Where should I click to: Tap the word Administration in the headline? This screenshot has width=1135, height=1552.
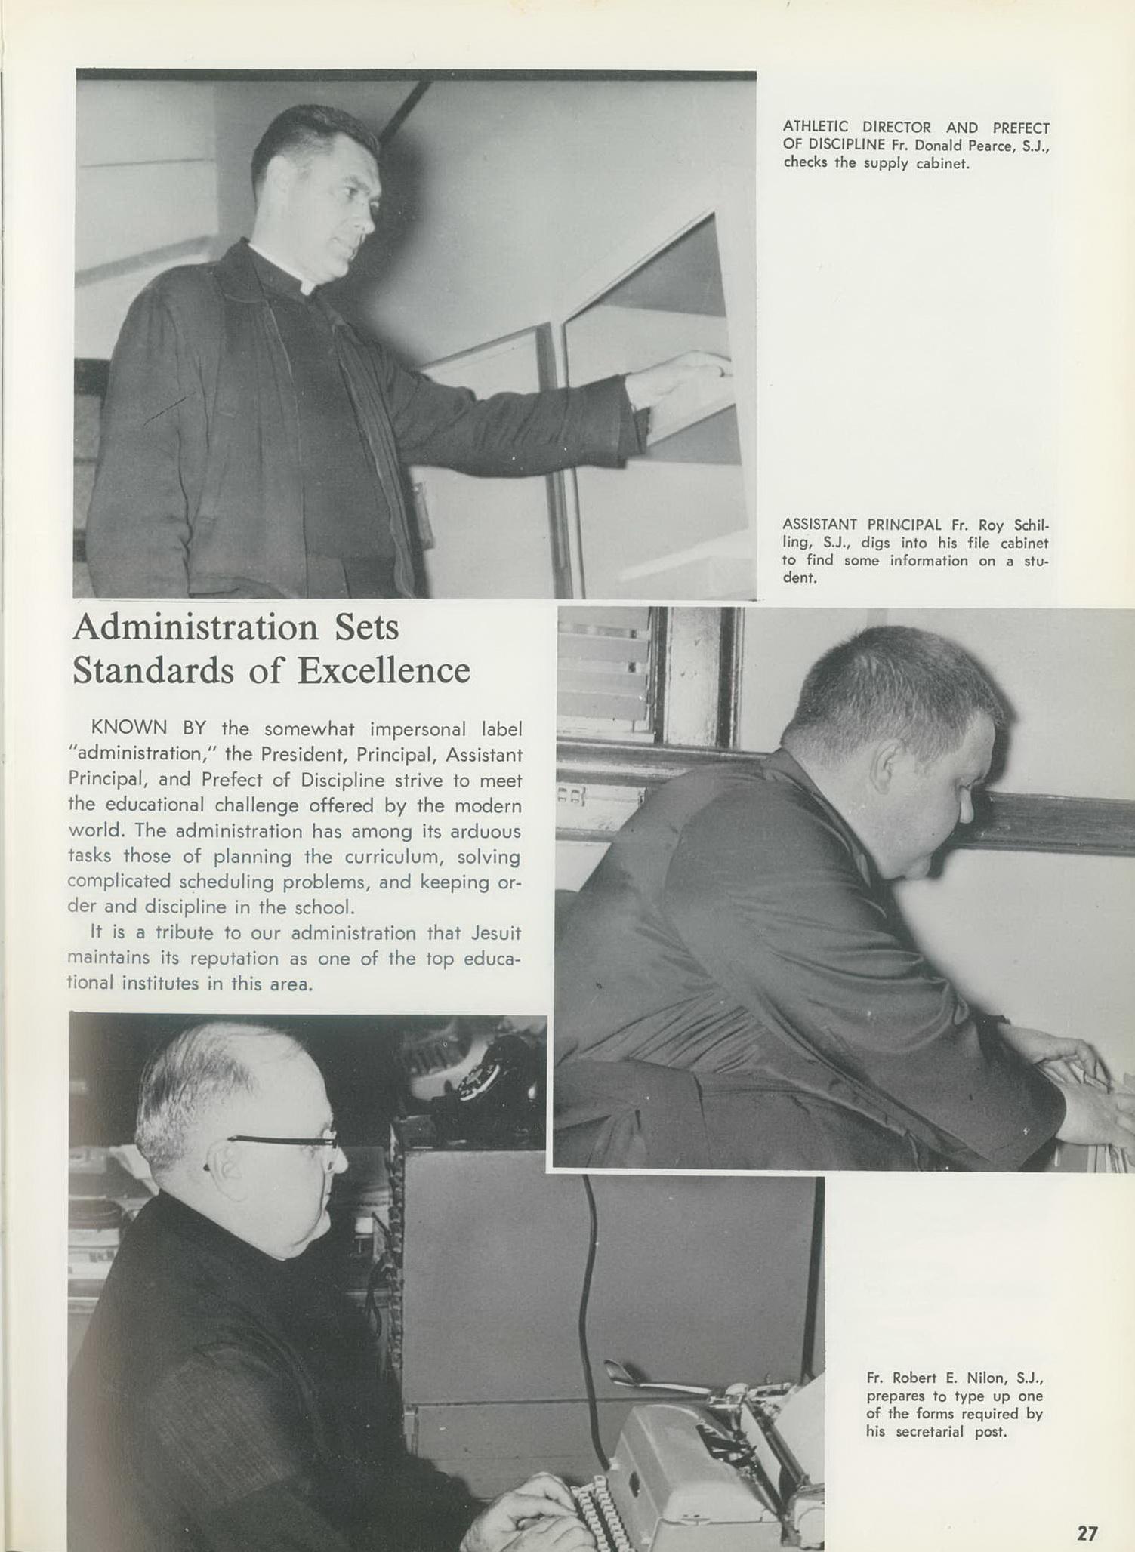[x=196, y=627]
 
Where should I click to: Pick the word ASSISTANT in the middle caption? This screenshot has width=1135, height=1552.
[x=819, y=525]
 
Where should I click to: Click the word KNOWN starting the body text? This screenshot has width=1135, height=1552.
[x=129, y=728]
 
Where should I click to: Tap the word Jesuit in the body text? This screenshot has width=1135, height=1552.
[x=495, y=932]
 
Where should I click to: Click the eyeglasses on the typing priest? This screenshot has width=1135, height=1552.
[x=287, y=1142]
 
